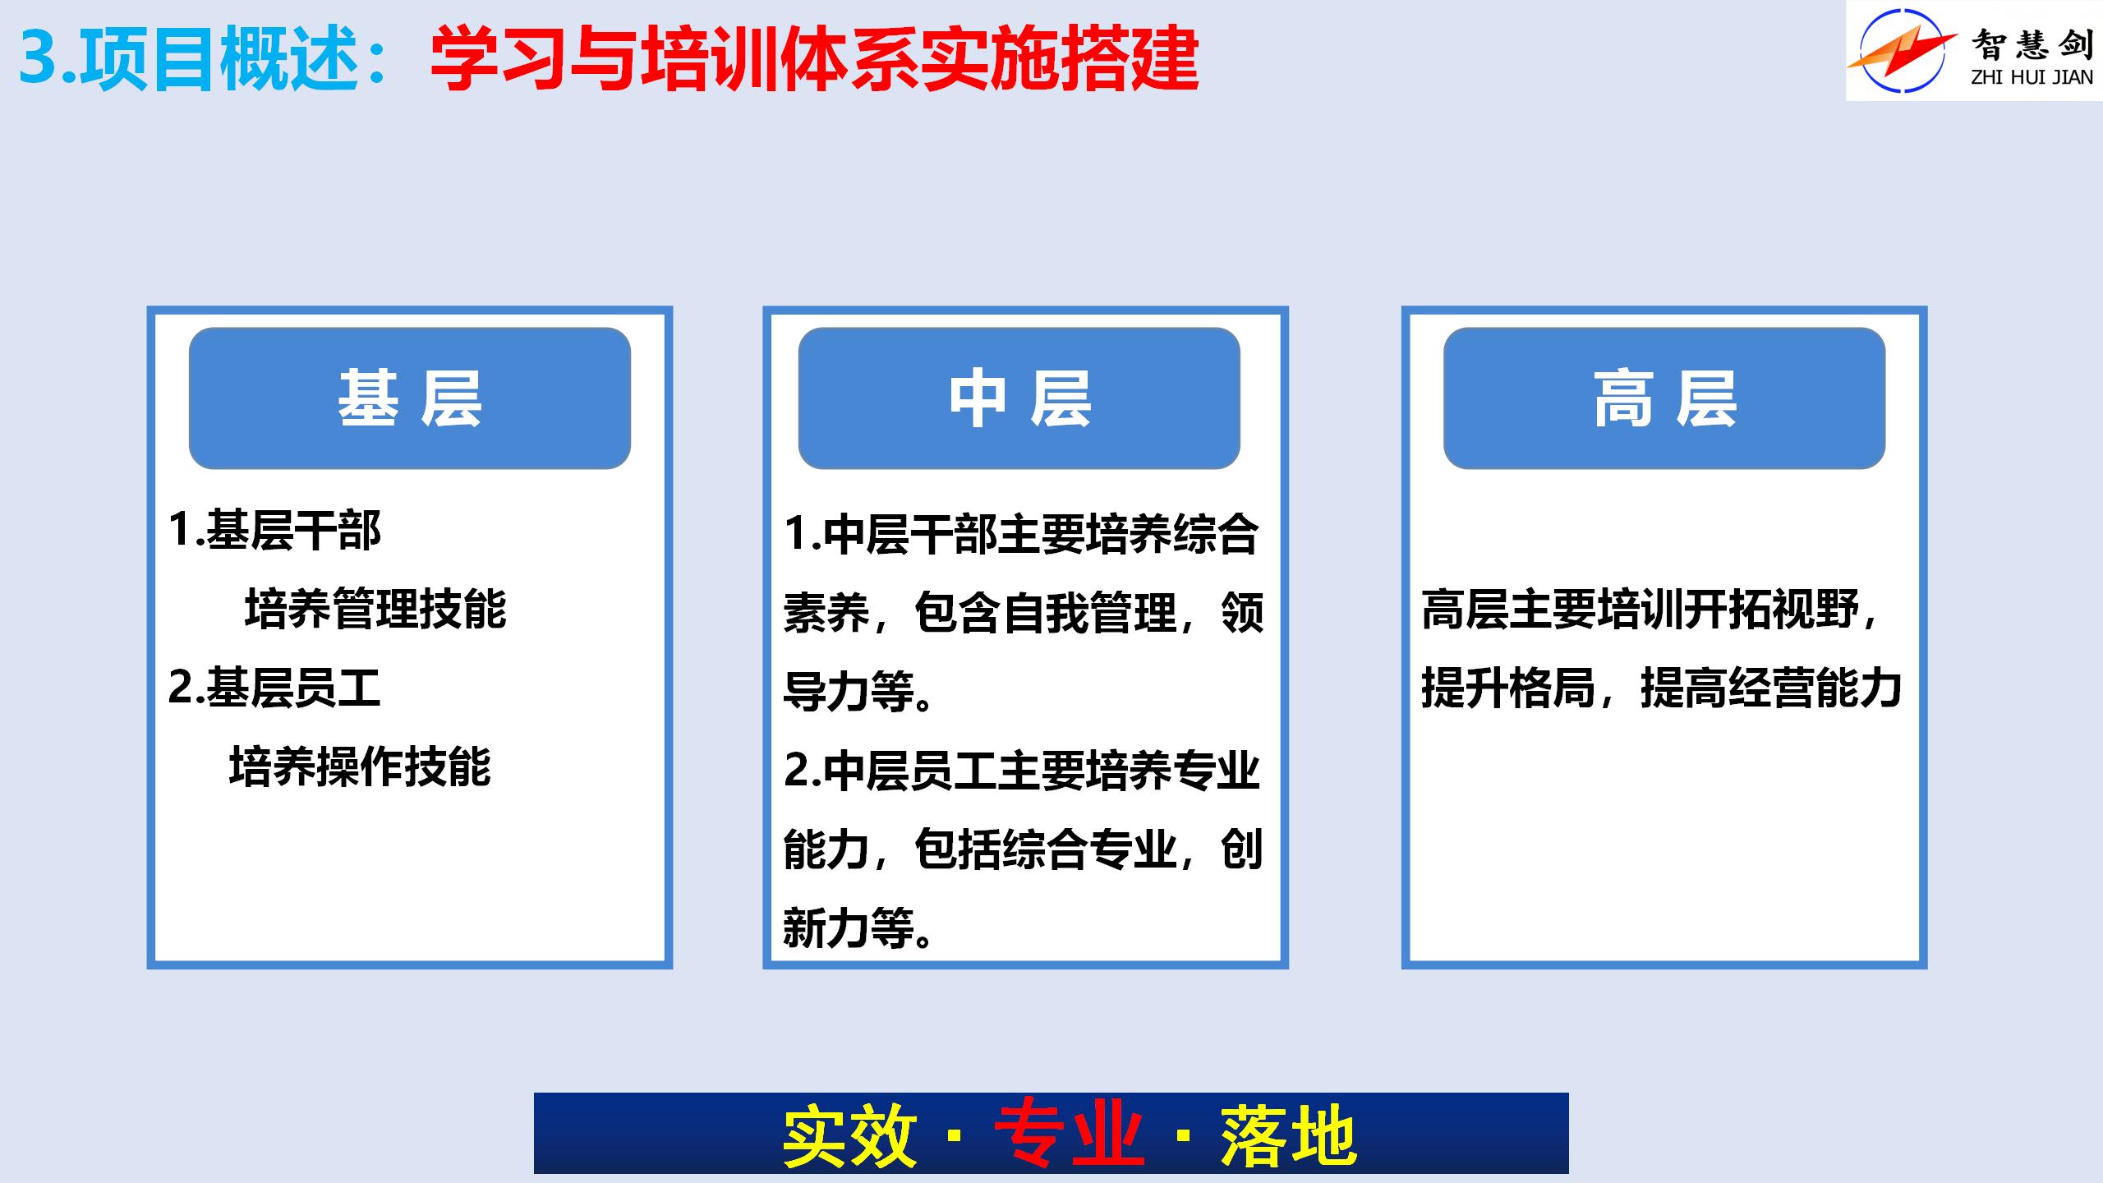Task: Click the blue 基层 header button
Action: pos(410,398)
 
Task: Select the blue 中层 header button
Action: pos(1019,398)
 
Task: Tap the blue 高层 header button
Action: pos(1664,398)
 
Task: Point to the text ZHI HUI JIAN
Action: pos(2032,78)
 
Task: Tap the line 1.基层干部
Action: pos(274,530)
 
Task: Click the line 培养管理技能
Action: pos(375,609)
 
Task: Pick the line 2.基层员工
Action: pos(274,688)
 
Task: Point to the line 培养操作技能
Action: pos(360,766)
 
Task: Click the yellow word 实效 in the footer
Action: pos(849,1135)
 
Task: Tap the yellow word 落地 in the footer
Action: pos(1288,1135)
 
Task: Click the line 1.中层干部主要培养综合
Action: pos(1021,534)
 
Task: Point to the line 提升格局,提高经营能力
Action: pos(1662,688)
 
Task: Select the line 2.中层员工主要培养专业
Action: pos(1021,770)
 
